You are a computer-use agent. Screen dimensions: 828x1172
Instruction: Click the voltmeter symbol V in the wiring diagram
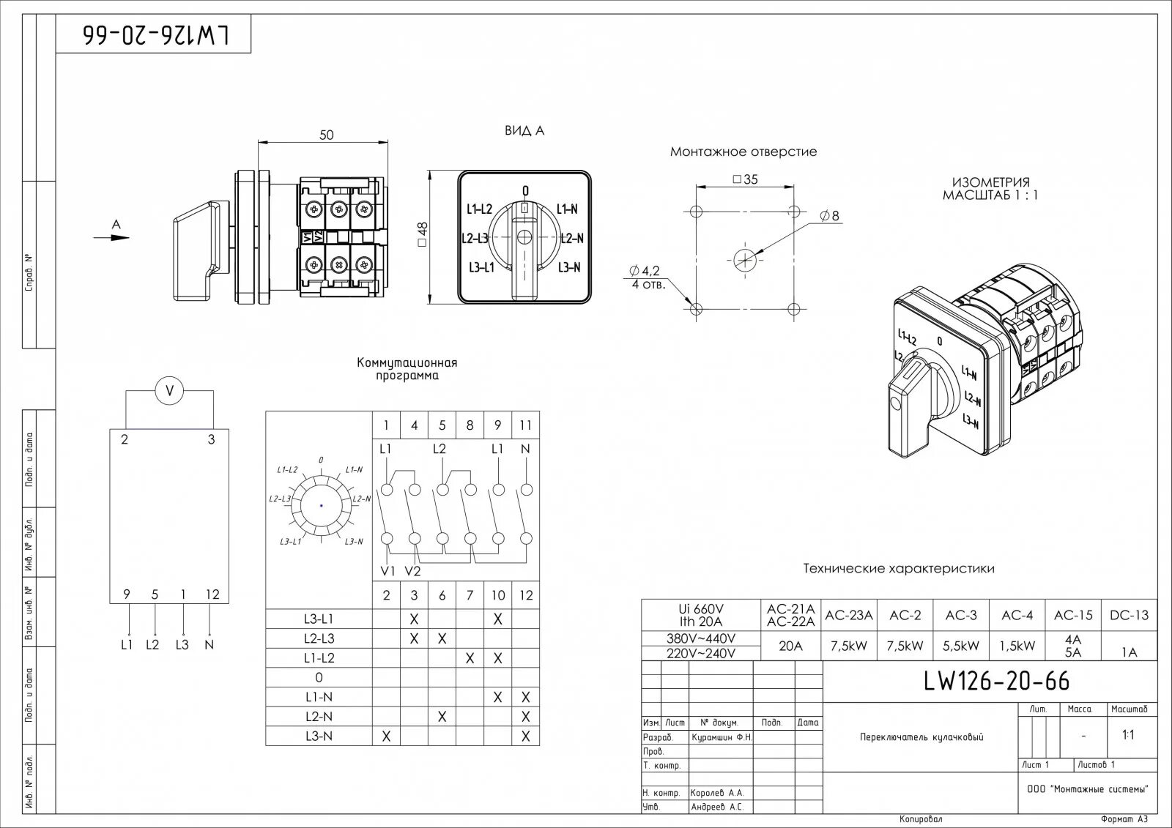tap(170, 392)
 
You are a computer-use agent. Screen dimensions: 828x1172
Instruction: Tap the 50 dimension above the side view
tap(327, 135)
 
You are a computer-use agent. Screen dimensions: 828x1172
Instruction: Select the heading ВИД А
tap(524, 131)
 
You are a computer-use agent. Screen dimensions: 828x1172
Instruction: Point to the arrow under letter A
tap(112, 237)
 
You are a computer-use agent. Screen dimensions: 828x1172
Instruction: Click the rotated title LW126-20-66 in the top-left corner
tap(155, 34)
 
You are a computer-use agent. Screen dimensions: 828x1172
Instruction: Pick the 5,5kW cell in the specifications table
tap(961, 646)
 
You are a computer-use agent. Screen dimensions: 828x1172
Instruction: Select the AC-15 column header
tap(1073, 616)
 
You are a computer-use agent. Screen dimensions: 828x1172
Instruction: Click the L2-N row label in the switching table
tap(319, 717)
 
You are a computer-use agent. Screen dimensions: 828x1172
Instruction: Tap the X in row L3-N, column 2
tap(387, 736)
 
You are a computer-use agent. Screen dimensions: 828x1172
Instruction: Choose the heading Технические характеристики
tap(899, 568)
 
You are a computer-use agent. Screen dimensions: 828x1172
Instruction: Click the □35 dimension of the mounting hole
tap(745, 179)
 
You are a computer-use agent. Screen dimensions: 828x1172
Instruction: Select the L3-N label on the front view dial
tap(568, 268)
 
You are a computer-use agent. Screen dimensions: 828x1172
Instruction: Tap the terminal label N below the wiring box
tap(209, 645)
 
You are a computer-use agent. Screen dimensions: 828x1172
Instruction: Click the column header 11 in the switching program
tap(525, 425)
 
